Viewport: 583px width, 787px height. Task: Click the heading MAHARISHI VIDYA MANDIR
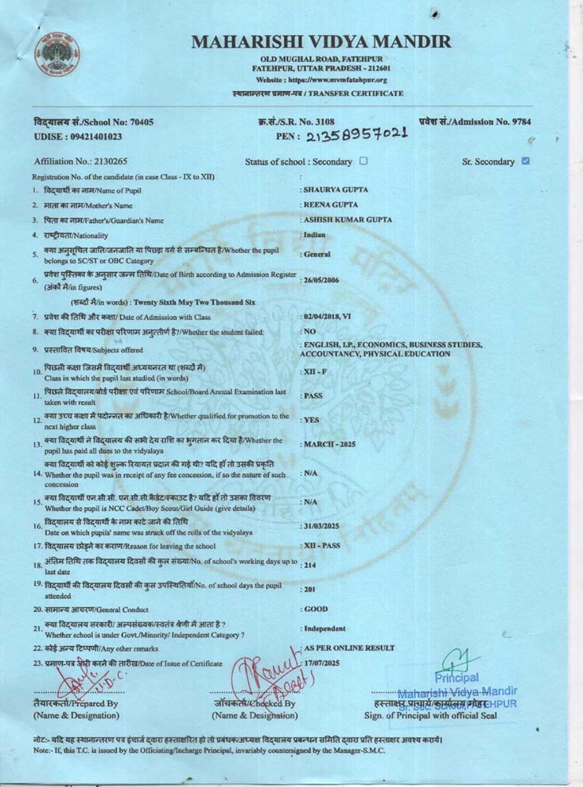click(x=321, y=41)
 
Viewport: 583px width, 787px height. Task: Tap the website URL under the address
click(x=321, y=80)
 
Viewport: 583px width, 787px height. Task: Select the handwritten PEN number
click(x=356, y=135)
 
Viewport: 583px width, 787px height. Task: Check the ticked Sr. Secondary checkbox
click(x=526, y=161)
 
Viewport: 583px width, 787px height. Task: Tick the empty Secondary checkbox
click(x=364, y=161)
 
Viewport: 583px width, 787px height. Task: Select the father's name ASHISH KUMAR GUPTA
click(x=347, y=220)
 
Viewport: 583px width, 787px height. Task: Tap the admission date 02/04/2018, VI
click(x=327, y=317)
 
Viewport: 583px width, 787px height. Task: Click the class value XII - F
click(x=311, y=372)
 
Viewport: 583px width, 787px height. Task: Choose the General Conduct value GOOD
click(x=316, y=609)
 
